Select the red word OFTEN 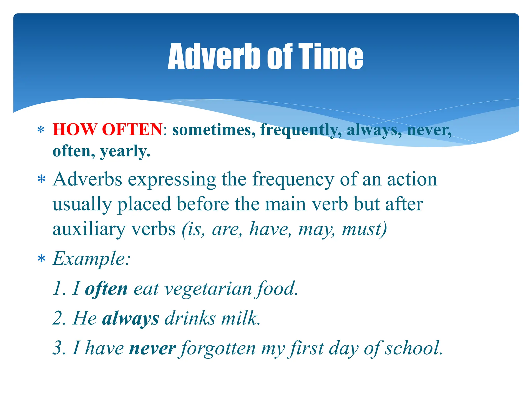(132, 129)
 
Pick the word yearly (125, 151)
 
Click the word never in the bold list (429, 130)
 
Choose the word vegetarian (208, 289)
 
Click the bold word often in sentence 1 (106, 289)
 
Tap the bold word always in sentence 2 (130, 319)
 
